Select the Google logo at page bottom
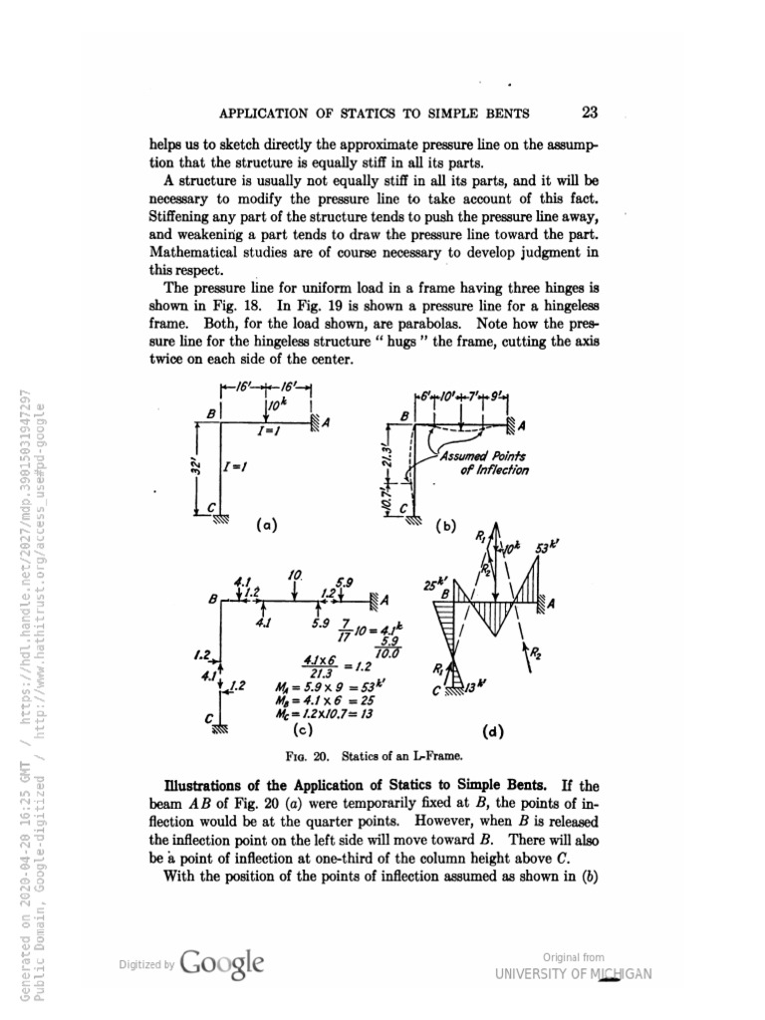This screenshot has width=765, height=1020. tap(224, 964)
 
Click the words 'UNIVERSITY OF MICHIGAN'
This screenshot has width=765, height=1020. tap(573, 973)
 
